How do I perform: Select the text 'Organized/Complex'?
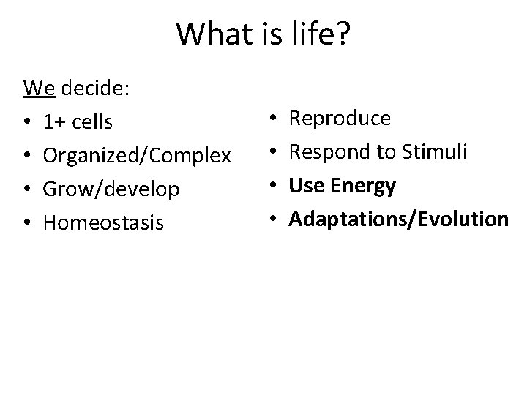point(138,156)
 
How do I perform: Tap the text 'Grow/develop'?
point(111,189)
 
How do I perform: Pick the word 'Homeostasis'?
point(104,222)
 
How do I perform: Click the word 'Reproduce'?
point(340,118)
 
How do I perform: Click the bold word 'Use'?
point(306,186)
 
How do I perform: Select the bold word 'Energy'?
point(363,186)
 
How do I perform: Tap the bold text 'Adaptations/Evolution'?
point(398,219)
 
